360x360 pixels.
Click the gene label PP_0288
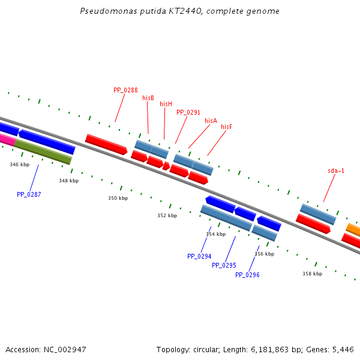[x=125, y=90]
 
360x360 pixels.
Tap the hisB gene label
[x=148, y=98]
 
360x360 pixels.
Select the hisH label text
[x=166, y=104]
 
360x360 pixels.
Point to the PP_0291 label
[x=188, y=112]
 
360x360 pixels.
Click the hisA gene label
[x=211, y=121]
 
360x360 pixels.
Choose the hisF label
[x=226, y=127]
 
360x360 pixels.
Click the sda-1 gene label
[x=336, y=170]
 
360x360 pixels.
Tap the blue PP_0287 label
[x=29, y=194]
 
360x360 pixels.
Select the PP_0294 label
[x=199, y=256]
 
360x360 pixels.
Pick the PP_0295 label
[x=224, y=265]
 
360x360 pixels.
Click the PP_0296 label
[x=247, y=275]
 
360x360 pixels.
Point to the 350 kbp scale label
[x=118, y=198]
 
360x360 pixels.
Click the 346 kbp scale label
[x=19, y=164]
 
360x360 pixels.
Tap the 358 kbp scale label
[x=312, y=274]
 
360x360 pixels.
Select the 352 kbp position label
[x=167, y=215]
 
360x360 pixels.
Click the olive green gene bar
[x=43, y=152]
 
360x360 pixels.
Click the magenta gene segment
[x=7, y=139]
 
